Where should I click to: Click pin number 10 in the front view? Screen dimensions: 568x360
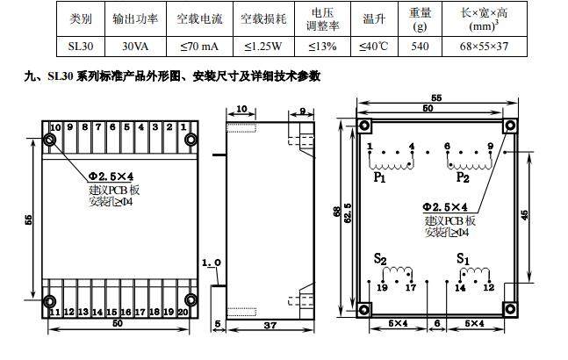pos(55,128)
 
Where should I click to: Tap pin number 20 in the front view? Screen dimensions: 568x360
pos(183,312)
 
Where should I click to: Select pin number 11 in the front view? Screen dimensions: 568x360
pos(55,312)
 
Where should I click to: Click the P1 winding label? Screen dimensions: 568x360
pos(379,177)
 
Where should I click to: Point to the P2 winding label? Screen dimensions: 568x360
pos(463,177)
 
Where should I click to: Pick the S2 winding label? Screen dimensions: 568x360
pos(379,259)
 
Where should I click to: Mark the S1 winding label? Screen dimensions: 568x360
pos(463,259)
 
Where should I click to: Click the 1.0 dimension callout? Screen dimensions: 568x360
pos(211,263)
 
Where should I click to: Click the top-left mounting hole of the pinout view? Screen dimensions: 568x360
pos(363,126)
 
